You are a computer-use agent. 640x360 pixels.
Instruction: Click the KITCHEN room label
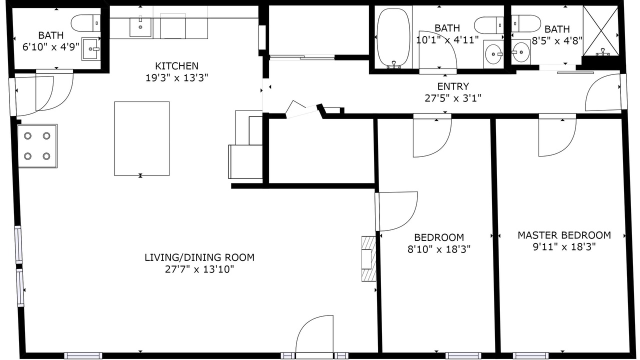(x=176, y=66)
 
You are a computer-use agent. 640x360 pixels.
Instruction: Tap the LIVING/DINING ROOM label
(x=199, y=257)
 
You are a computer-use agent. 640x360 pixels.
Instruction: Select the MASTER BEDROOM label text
(x=564, y=235)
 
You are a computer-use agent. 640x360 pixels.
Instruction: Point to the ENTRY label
(x=453, y=86)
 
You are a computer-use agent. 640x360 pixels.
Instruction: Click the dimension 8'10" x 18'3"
(x=439, y=249)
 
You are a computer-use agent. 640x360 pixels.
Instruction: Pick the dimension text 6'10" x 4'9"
(x=51, y=47)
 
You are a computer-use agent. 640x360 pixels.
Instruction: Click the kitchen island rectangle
(x=141, y=138)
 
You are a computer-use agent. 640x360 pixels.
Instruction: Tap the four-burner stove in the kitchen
(x=37, y=146)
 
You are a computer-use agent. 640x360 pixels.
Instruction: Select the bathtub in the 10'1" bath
(x=393, y=38)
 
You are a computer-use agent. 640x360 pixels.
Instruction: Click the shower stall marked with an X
(x=600, y=30)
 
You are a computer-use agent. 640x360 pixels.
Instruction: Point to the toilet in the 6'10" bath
(x=85, y=23)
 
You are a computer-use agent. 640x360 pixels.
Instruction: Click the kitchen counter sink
(x=140, y=27)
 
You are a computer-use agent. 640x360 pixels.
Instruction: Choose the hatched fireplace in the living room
(x=369, y=258)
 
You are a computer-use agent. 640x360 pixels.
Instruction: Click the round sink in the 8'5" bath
(x=520, y=52)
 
